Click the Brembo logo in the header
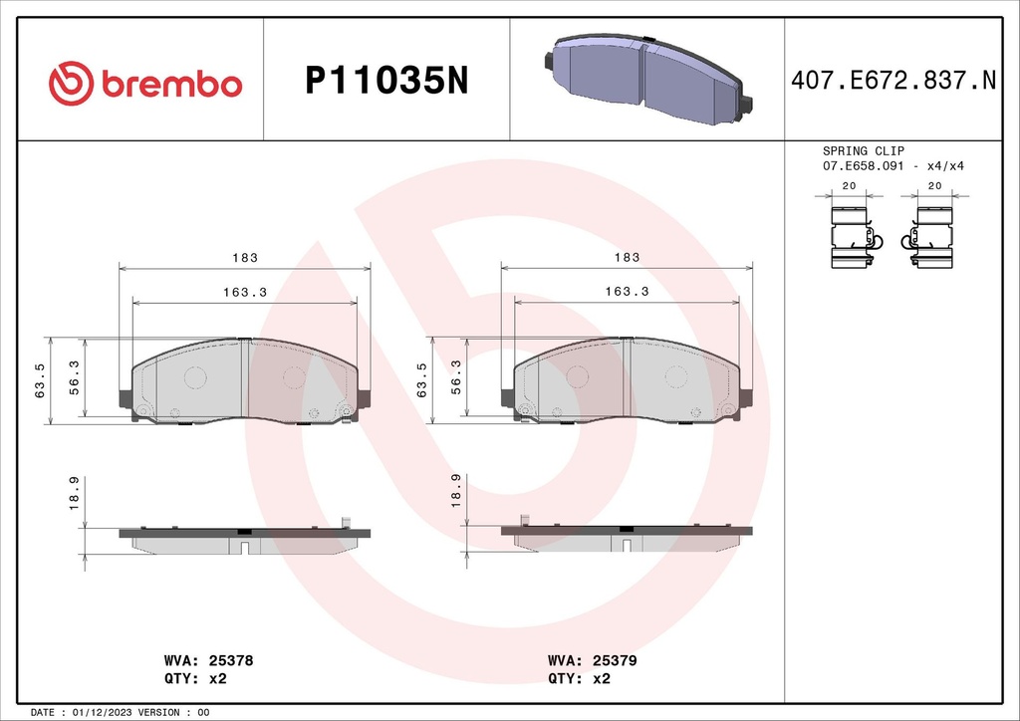coord(145,84)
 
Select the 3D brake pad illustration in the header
coord(647,80)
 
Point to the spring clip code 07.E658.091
coord(863,165)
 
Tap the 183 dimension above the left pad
coord(245,258)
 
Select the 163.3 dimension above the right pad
coord(627,292)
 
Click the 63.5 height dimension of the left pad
coord(41,381)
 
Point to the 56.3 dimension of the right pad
coord(456,377)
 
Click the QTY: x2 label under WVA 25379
coord(579,679)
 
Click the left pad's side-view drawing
coord(245,539)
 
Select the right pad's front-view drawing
coord(628,381)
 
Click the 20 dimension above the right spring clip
coord(935,186)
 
